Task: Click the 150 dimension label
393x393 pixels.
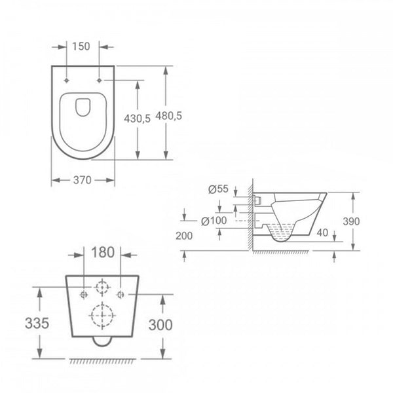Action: (x=81, y=47)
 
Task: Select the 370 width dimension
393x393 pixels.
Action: (x=83, y=180)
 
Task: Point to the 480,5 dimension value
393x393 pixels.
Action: (x=169, y=116)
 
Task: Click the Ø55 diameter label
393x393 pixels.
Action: (x=218, y=189)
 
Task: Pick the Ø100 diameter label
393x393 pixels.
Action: (x=214, y=221)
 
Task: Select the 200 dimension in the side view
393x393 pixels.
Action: (x=184, y=236)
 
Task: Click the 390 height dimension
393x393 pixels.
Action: (x=351, y=221)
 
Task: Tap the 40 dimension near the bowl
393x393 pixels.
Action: (x=322, y=233)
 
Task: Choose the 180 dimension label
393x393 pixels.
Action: (x=103, y=252)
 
